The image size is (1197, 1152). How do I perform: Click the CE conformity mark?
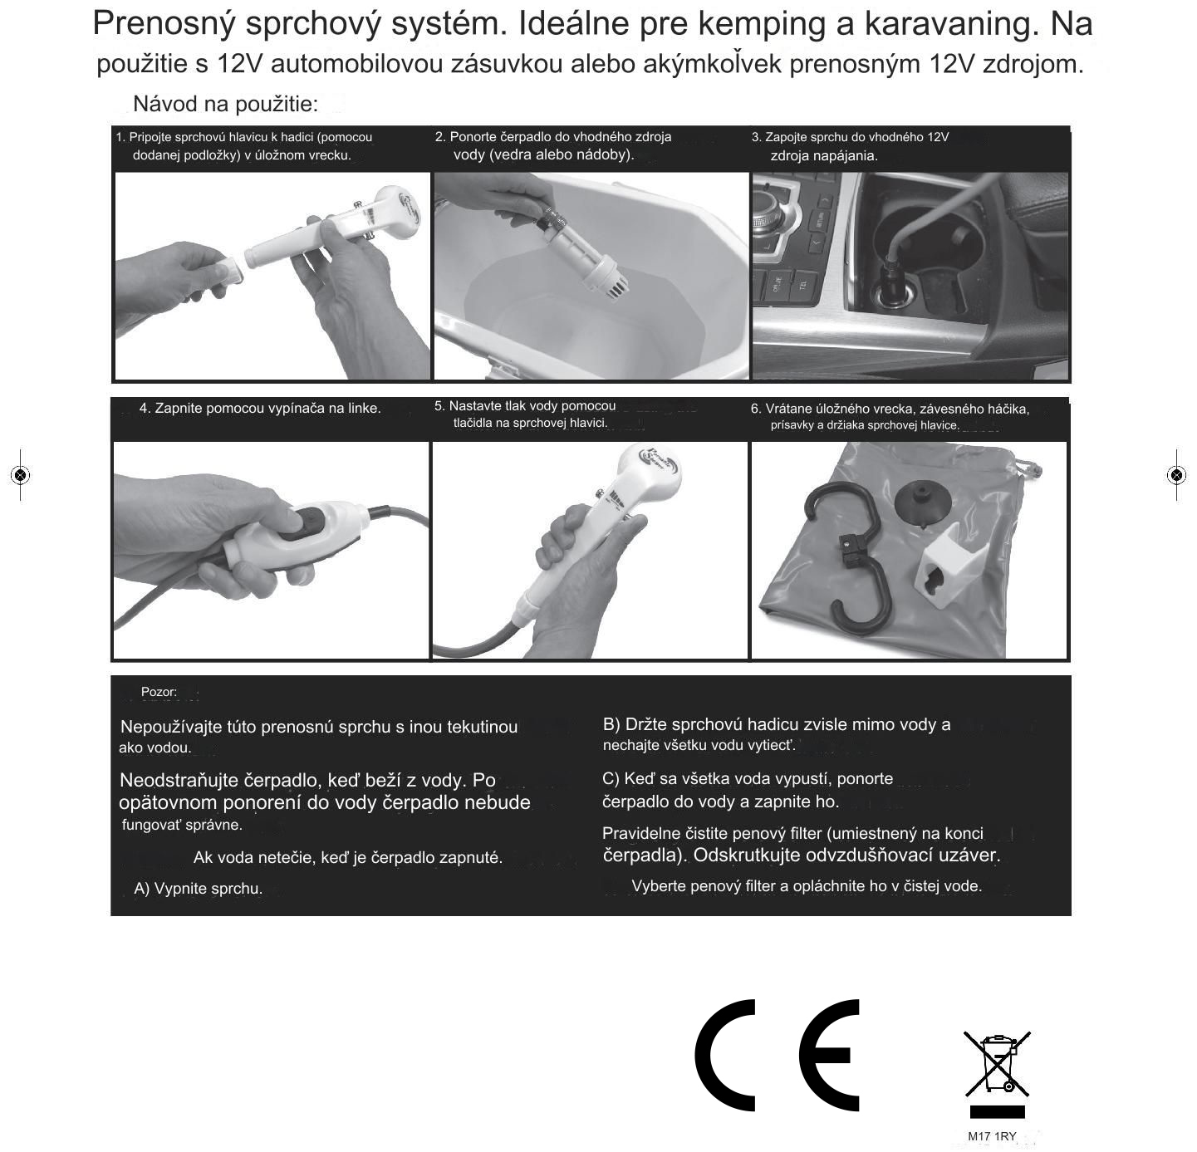pos(777,1056)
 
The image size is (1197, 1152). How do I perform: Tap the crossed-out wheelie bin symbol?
pos(997,1063)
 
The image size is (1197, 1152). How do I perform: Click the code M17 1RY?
pos(992,1136)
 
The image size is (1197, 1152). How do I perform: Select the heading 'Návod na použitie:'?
pos(225,104)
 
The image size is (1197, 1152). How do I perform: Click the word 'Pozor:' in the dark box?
pos(159,692)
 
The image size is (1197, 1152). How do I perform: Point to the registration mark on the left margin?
pos(20,475)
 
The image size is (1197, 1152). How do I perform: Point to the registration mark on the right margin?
pos(1176,475)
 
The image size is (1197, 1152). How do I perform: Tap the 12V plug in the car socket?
pos(897,284)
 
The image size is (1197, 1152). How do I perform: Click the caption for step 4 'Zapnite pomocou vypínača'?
pos(259,409)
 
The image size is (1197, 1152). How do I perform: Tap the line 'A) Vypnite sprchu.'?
pos(198,889)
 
